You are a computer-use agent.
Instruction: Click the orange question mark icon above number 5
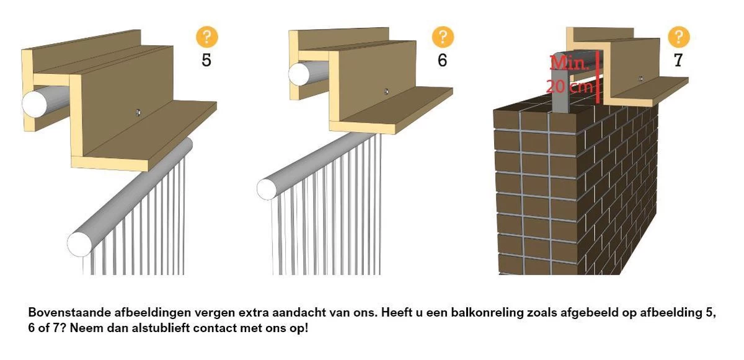point(206,37)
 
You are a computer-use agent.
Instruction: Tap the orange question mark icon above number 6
point(443,37)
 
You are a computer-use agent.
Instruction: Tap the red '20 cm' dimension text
point(569,86)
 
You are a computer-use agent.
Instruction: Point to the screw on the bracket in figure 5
point(138,112)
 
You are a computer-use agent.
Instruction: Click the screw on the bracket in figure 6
point(386,91)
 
